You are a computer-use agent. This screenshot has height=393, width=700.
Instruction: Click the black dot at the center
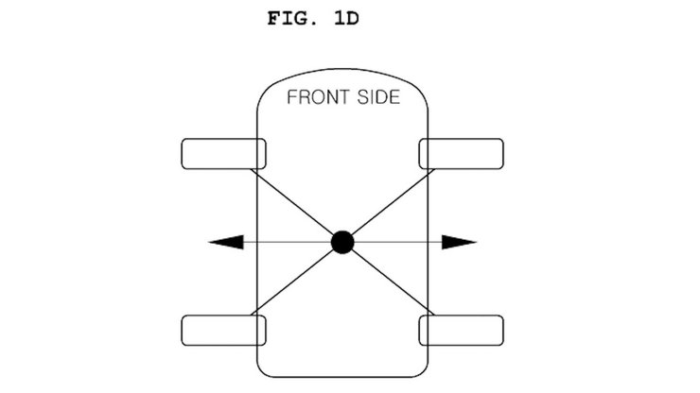point(342,242)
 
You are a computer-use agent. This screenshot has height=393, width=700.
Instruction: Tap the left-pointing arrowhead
point(226,242)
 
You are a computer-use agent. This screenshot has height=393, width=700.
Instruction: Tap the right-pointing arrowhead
point(460,242)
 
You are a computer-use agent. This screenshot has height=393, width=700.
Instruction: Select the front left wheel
point(223,154)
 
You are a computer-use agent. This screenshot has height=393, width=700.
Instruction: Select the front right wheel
point(462,154)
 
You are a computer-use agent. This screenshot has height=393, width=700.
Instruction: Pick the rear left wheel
point(223,331)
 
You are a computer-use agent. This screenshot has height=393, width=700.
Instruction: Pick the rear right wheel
point(462,331)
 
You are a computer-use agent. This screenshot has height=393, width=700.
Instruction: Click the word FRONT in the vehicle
point(318,97)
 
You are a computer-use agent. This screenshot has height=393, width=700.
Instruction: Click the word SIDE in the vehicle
point(378,97)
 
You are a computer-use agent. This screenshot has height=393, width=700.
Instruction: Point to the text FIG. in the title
point(291,19)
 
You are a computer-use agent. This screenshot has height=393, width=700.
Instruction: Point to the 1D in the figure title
point(346,19)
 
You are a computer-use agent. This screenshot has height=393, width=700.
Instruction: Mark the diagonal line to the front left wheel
point(292,202)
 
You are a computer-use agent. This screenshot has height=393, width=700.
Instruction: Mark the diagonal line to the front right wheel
point(393,202)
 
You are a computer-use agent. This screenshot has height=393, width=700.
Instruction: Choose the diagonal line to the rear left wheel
point(292,282)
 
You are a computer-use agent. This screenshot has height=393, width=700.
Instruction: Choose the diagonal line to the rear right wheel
point(393,282)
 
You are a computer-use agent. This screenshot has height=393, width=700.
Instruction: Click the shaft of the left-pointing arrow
point(288,242)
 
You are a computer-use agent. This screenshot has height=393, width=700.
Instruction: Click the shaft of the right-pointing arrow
point(398,242)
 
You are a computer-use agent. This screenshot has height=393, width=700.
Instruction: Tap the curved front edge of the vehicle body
point(342,70)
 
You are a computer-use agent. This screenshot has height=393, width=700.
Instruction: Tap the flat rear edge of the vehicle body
point(342,377)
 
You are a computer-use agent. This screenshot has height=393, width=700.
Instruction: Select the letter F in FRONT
point(291,97)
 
